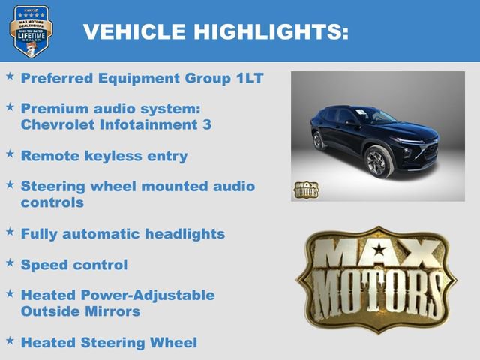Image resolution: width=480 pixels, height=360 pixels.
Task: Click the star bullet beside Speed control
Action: (x=10, y=263)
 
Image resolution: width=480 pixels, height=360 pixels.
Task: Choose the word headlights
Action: (x=185, y=234)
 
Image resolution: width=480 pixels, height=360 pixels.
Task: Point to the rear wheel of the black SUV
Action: (x=318, y=140)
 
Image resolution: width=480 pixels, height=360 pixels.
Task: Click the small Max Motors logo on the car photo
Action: (x=305, y=190)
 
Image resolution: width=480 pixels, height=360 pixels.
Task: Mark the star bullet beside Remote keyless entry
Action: (x=10, y=153)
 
